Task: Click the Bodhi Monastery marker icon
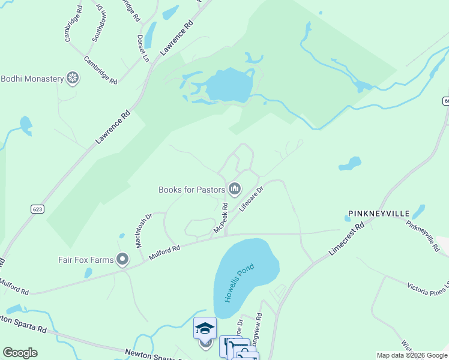click(x=73, y=79)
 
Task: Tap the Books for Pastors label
click(x=191, y=190)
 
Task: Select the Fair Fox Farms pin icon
click(x=123, y=259)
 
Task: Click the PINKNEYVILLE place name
click(x=378, y=214)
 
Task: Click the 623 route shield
click(x=37, y=208)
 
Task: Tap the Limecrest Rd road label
click(x=348, y=240)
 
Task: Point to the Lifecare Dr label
click(x=252, y=197)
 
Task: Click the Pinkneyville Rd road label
click(x=423, y=235)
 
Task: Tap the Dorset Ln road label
click(x=142, y=48)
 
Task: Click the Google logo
click(x=20, y=353)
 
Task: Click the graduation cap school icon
click(x=205, y=328)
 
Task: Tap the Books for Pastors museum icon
click(x=234, y=190)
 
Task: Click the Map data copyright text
click(x=412, y=355)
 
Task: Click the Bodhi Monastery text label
click(x=32, y=79)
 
